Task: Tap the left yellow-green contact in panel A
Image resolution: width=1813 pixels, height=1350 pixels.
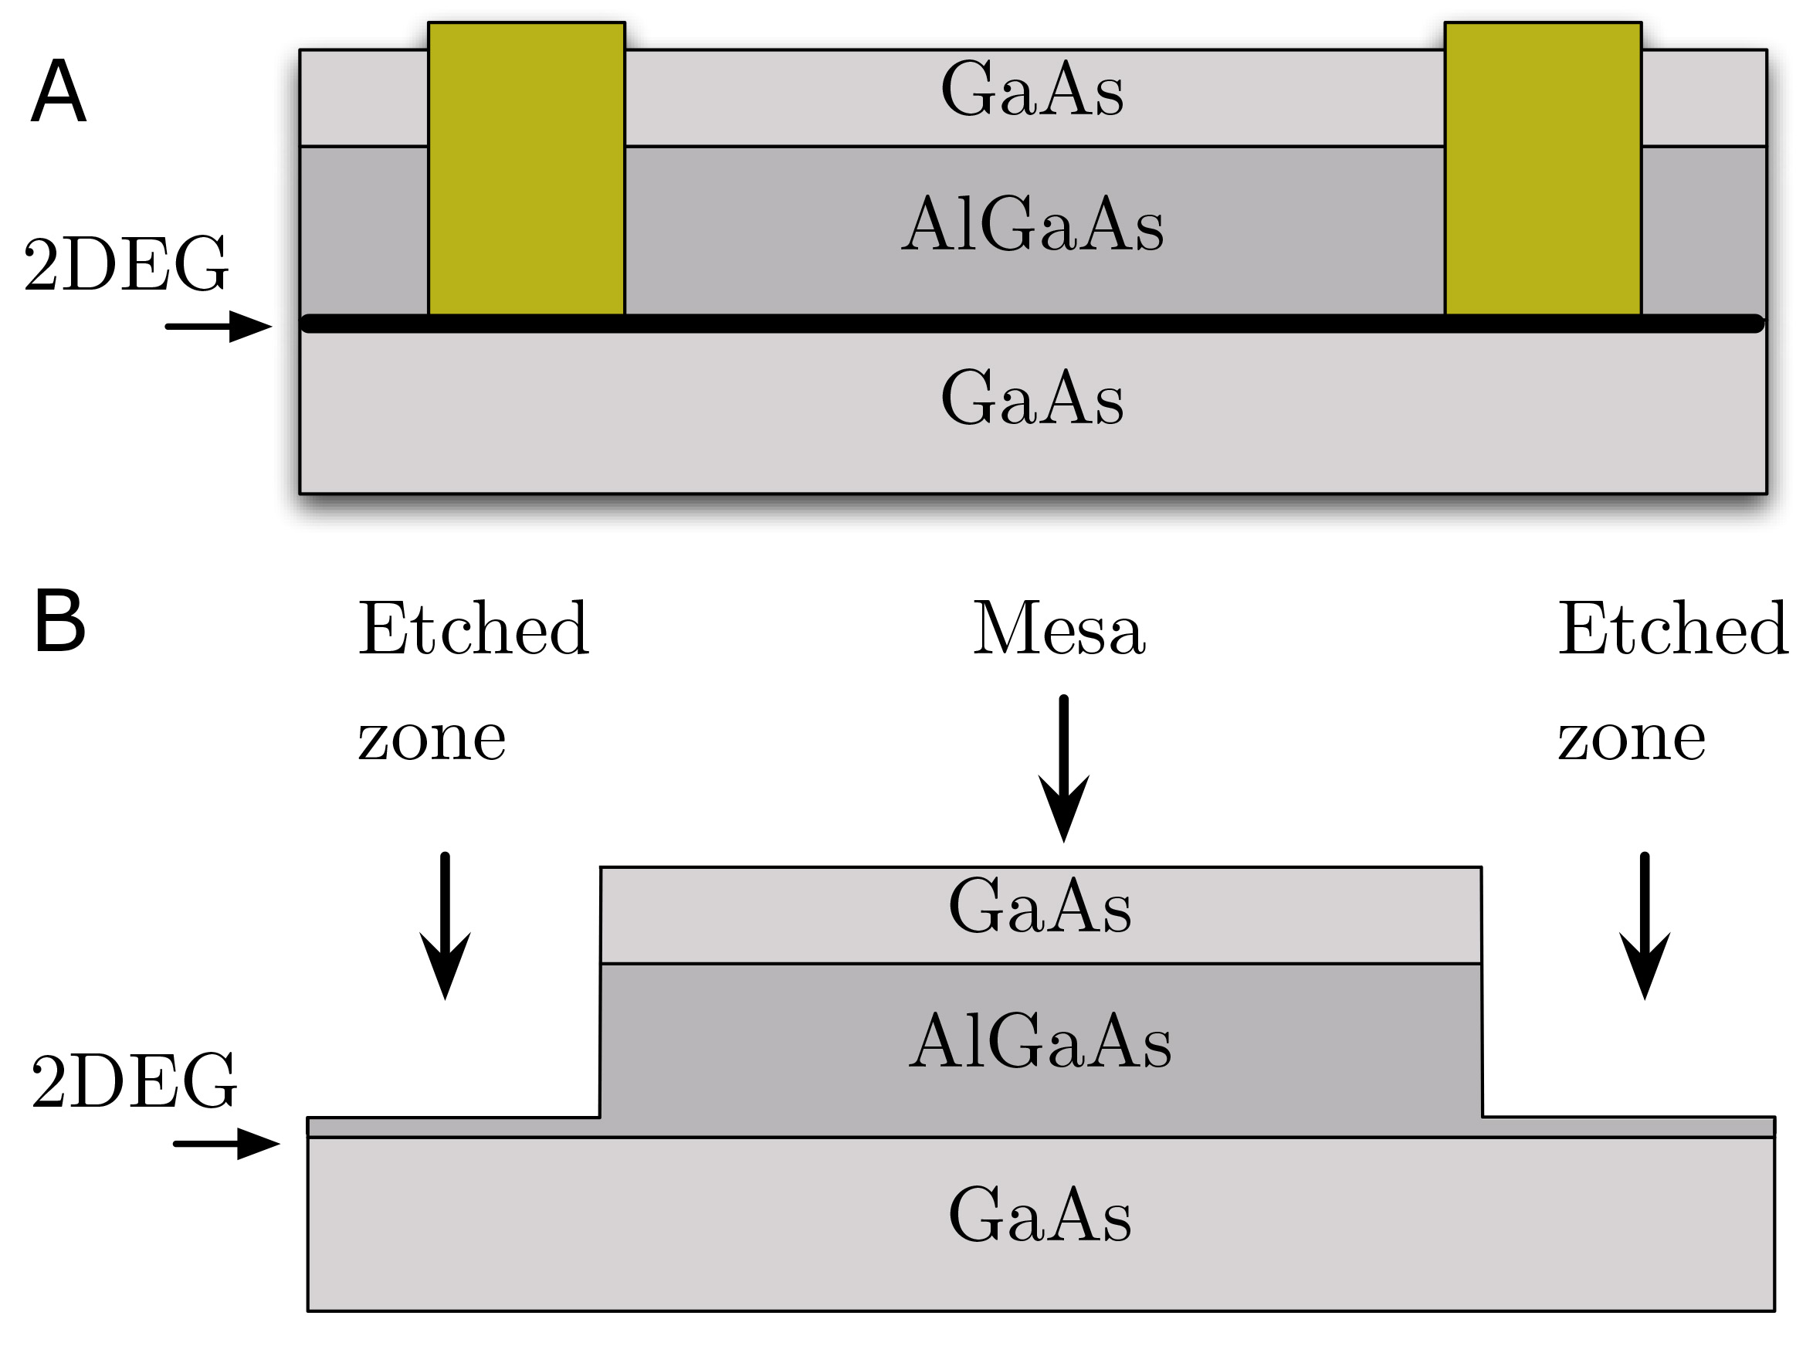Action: pos(526,168)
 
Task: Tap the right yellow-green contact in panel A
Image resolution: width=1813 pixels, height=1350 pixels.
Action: pos(1543,168)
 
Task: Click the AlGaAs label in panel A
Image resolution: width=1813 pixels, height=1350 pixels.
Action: pos(1032,222)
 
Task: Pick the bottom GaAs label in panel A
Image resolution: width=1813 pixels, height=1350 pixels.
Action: pos(1032,397)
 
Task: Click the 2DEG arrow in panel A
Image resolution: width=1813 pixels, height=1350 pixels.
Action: pos(219,326)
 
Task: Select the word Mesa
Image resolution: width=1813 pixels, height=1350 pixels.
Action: pos(1059,629)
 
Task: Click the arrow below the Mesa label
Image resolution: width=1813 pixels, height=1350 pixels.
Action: pos(1063,768)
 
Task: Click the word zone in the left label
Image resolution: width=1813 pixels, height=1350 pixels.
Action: pos(432,739)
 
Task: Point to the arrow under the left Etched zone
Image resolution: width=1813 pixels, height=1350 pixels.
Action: pos(445,925)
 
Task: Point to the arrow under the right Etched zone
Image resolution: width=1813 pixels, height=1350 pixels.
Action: pos(1644,925)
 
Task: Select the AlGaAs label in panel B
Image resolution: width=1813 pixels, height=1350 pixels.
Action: pos(1040,1040)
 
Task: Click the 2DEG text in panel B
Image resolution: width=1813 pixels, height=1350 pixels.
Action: pos(134,1080)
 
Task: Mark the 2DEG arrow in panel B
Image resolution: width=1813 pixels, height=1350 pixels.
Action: pos(226,1143)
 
